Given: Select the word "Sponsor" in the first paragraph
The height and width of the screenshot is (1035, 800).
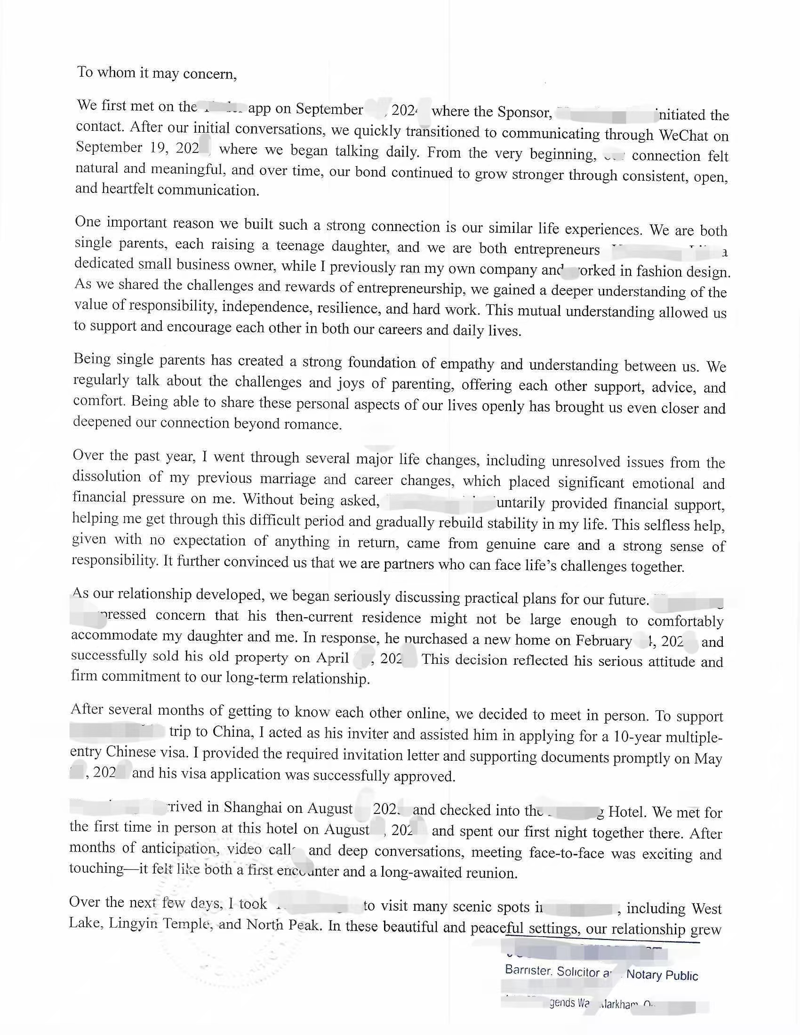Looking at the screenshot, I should [x=524, y=112].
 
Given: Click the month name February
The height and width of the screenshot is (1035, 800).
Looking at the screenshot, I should [x=604, y=641].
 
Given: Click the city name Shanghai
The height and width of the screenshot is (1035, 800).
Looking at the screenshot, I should [x=251, y=807].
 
